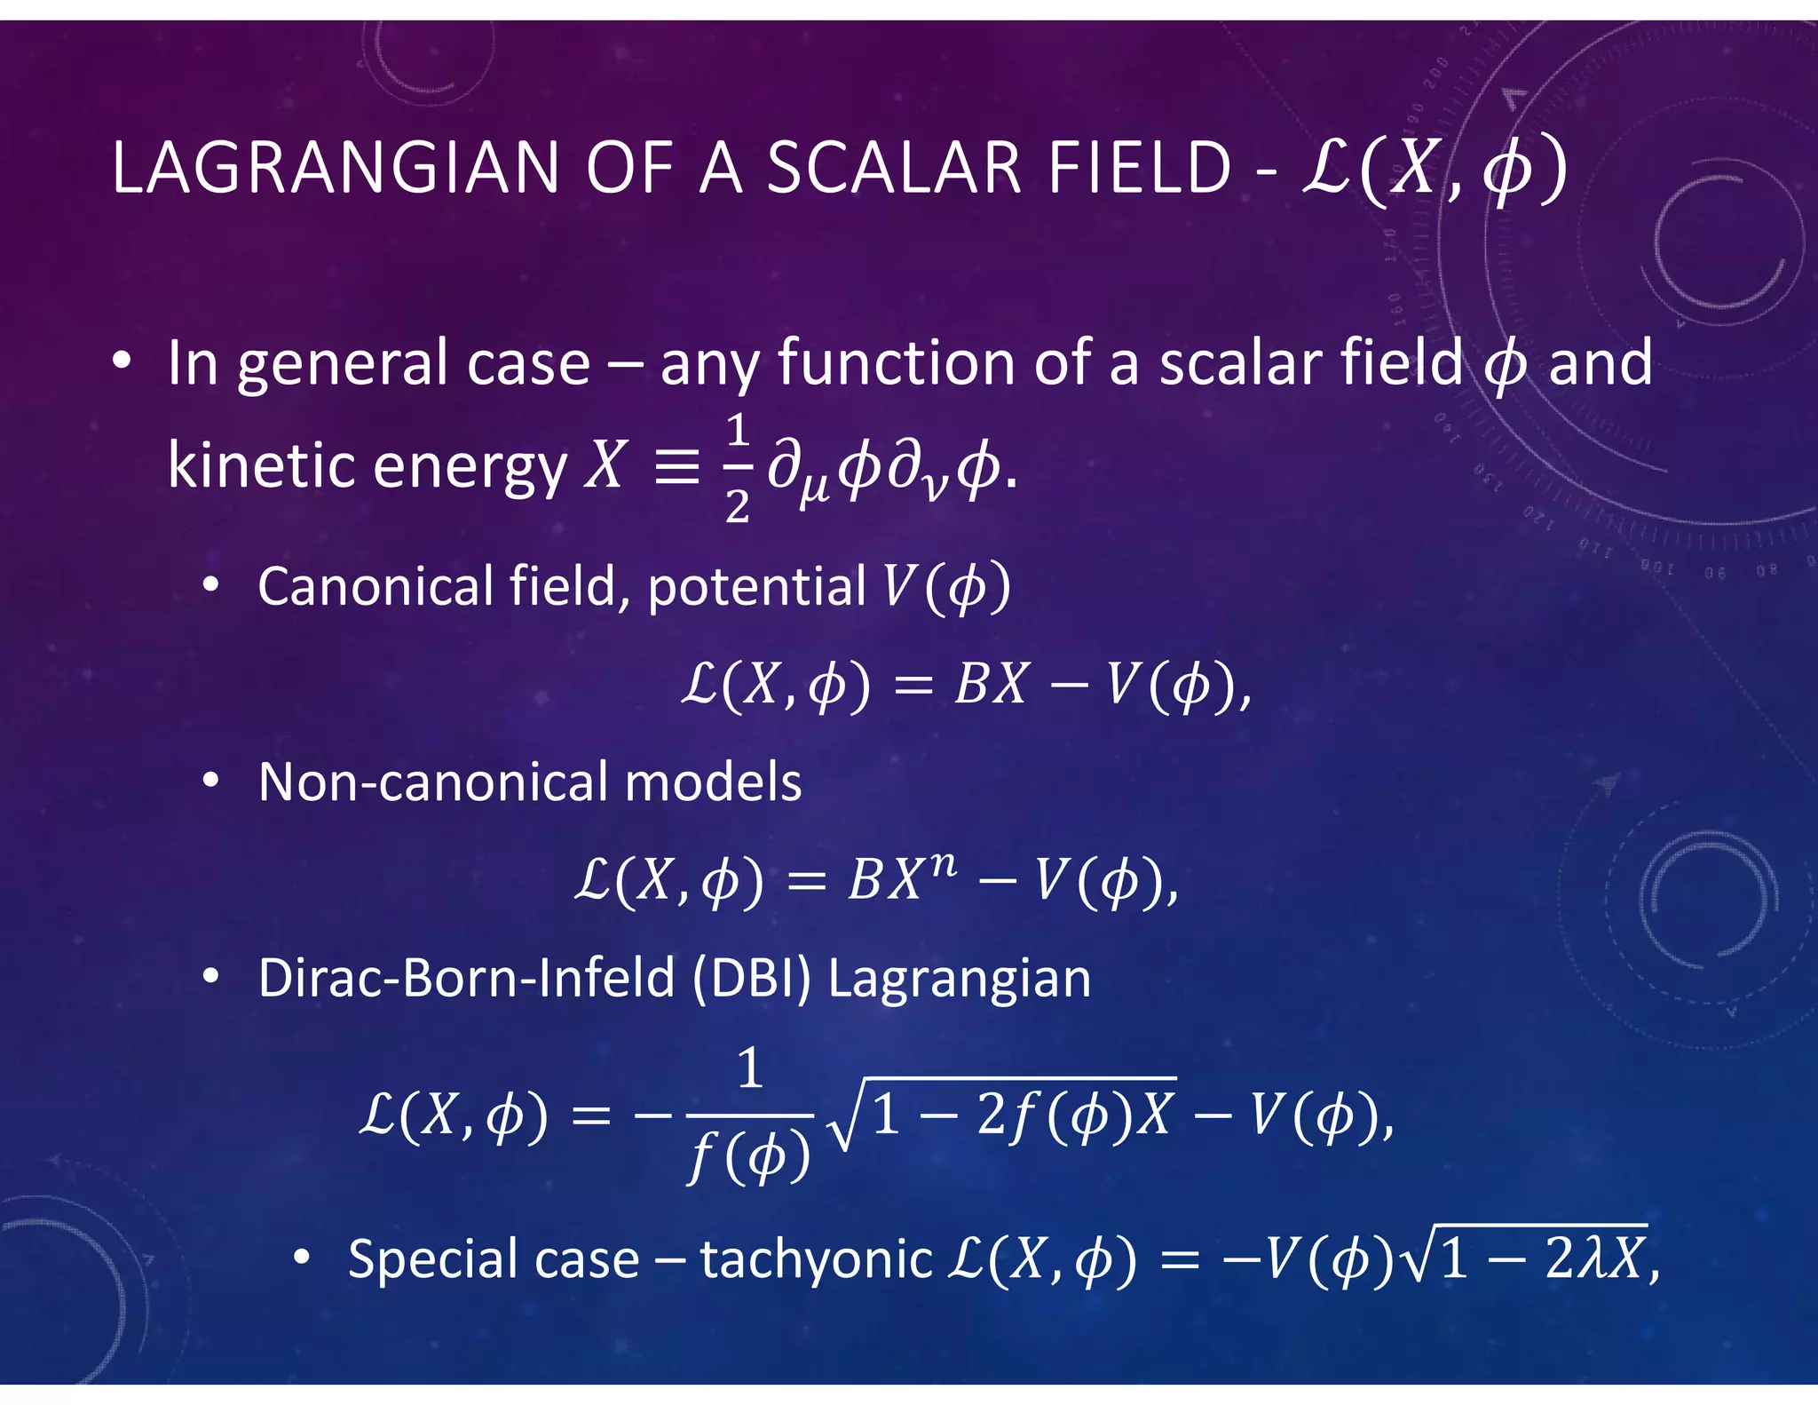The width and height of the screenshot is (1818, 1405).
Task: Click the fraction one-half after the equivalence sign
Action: tap(737, 468)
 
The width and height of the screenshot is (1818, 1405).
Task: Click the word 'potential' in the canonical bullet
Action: tap(756, 589)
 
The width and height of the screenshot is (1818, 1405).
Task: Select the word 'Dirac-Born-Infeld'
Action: tap(467, 978)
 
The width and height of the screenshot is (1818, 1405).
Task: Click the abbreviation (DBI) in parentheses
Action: tap(751, 978)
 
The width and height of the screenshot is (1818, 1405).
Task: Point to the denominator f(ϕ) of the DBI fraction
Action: tap(750, 1158)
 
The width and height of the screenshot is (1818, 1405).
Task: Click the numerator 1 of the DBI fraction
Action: tap(750, 1068)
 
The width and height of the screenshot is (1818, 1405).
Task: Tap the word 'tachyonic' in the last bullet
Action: tap(815, 1260)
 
